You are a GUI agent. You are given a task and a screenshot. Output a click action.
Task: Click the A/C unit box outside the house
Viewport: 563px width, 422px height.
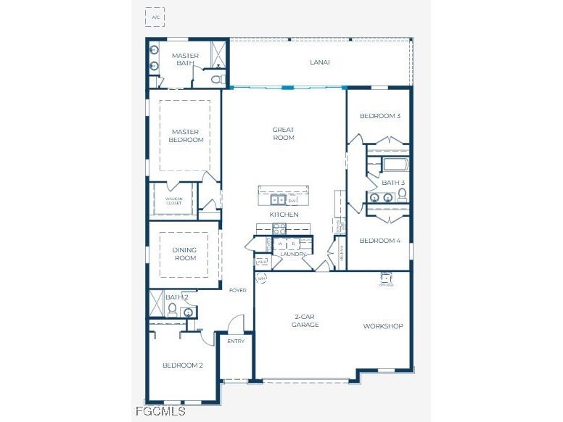click(155, 17)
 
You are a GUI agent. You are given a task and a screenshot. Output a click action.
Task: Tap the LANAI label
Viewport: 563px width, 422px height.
click(320, 62)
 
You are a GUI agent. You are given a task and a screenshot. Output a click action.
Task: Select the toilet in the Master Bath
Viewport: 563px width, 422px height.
click(221, 78)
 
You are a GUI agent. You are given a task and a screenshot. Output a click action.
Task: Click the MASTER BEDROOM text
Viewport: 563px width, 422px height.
click(186, 136)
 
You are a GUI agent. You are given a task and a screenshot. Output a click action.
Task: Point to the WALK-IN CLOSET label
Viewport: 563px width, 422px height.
click(173, 201)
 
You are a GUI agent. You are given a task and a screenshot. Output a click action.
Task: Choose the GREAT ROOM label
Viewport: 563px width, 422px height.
click(283, 133)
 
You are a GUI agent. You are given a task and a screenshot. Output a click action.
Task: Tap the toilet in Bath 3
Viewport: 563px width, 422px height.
click(402, 194)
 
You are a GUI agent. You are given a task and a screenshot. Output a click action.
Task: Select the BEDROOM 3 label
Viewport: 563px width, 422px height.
click(380, 116)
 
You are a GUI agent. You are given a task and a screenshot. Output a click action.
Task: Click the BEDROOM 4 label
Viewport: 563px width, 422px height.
click(379, 241)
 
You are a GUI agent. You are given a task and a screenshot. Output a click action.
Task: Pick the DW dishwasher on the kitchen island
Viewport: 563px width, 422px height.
click(292, 200)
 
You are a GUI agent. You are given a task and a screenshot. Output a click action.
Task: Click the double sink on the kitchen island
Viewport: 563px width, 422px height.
click(277, 200)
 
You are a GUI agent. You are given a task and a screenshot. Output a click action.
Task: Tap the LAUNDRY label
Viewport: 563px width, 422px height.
click(292, 255)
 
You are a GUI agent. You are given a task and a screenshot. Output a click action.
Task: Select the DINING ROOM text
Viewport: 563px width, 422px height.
click(184, 254)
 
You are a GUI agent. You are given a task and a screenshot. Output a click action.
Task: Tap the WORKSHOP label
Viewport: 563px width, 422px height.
click(383, 326)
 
